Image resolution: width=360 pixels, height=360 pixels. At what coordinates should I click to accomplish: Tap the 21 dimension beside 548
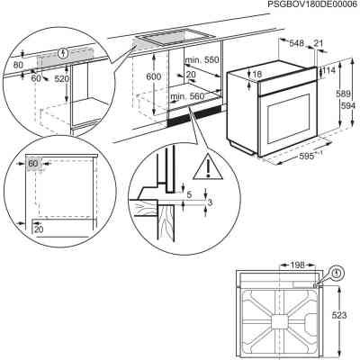pos(317,42)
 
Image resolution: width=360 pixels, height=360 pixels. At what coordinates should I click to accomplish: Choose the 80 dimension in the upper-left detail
pos(18,65)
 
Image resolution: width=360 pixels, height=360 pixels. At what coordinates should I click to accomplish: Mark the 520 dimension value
pos(62,78)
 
